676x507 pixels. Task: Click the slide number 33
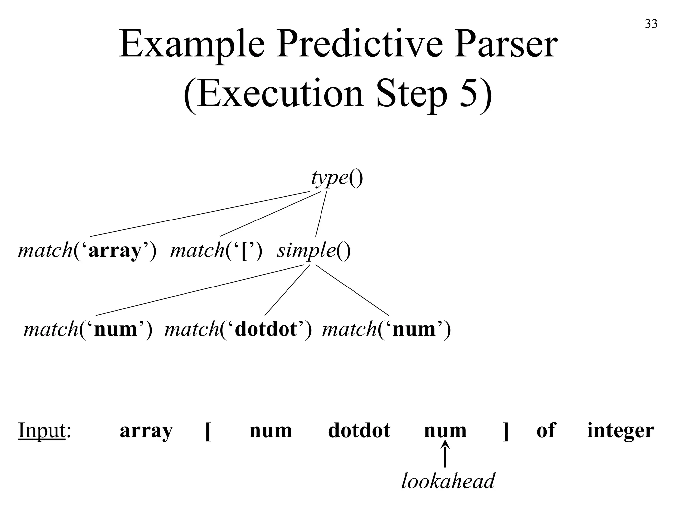651,24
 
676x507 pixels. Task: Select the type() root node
337,178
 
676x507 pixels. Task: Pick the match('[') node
217,251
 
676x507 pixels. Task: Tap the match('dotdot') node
238,329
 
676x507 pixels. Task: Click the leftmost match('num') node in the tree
88,329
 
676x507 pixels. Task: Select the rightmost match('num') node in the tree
387,329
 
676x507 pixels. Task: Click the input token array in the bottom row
146,430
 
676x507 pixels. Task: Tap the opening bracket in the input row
208,431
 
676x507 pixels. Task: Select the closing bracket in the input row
506,431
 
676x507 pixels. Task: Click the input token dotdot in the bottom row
359,430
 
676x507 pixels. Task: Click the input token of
546,430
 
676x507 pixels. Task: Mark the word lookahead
448,481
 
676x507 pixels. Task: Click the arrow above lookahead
445,456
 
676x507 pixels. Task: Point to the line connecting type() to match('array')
200,214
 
